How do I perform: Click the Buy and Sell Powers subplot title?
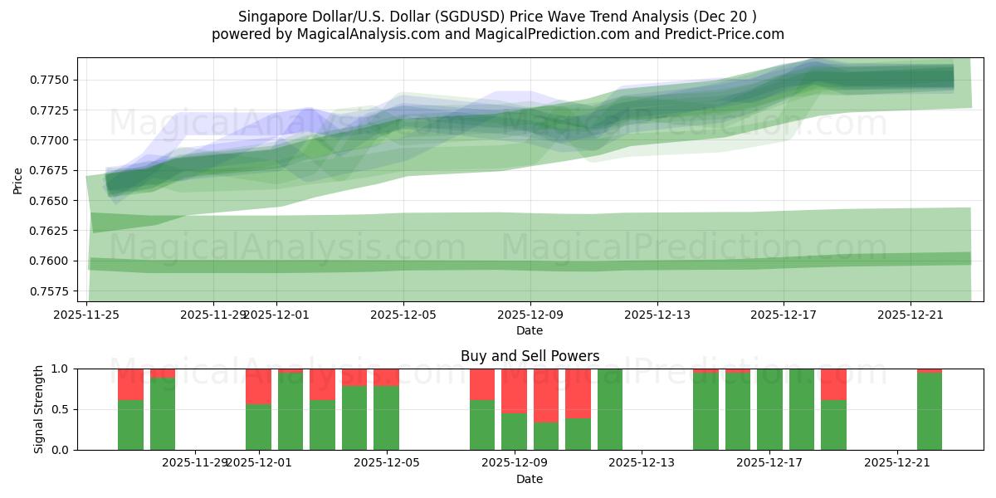(530, 356)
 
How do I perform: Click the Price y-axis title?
(18, 179)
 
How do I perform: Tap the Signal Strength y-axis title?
(39, 408)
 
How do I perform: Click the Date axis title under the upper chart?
(530, 330)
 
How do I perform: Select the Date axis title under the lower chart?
(530, 479)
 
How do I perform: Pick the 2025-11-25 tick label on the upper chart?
(86, 315)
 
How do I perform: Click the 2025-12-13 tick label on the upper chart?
(657, 315)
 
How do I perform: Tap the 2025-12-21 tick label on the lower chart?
(898, 463)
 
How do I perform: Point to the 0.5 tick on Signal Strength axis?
(60, 409)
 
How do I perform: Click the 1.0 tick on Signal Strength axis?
(60, 369)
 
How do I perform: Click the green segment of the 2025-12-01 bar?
(259, 427)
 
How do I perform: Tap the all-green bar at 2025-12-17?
(769, 409)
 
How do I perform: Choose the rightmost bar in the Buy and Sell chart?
(930, 411)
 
